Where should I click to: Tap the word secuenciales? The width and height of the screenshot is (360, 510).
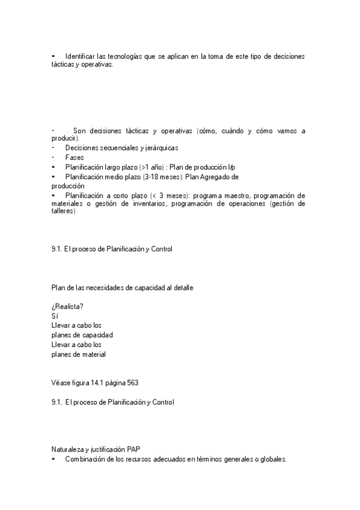(x=120, y=147)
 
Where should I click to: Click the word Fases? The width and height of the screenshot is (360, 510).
(x=75, y=157)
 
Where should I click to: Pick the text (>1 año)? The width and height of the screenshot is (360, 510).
(x=151, y=167)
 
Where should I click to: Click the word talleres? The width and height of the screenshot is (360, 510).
(x=63, y=211)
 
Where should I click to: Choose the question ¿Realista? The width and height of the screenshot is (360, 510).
(x=67, y=306)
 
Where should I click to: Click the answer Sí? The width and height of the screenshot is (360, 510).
(x=55, y=315)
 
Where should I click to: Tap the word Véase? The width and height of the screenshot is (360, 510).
(x=62, y=382)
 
